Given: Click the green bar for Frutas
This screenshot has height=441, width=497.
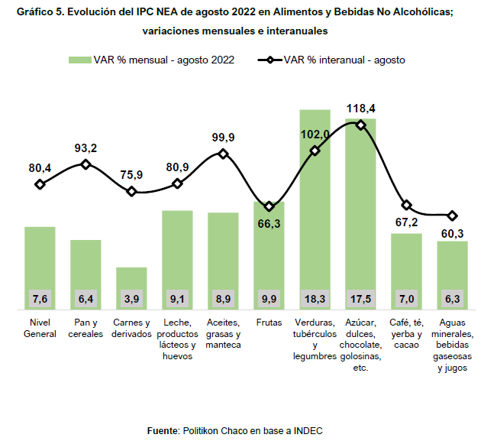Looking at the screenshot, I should tap(269, 252).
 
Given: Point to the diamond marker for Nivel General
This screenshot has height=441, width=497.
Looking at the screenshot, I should tap(40, 184).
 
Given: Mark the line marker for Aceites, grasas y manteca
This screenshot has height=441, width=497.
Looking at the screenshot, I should tap(223, 154).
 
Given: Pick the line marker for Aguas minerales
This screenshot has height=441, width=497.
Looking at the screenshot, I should tap(452, 216).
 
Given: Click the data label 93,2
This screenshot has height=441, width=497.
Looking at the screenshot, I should tap(86, 148).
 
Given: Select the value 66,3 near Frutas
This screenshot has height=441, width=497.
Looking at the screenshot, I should tap(269, 223).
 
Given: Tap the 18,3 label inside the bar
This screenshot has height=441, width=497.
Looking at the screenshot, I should tap(315, 298).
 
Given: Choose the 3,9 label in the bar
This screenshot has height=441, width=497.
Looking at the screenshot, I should tap(131, 298).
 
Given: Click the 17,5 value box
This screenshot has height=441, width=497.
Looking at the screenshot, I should tap(360, 298).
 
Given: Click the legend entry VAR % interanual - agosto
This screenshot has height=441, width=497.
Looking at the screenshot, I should tap(344, 60).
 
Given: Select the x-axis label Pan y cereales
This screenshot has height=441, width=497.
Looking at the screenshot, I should tap(86, 328).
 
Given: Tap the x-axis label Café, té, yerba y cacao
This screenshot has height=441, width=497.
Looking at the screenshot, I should tap(406, 333).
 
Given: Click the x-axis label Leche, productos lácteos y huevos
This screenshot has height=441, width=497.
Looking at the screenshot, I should tap(177, 339).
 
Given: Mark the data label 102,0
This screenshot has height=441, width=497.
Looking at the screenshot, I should tap(315, 135).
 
